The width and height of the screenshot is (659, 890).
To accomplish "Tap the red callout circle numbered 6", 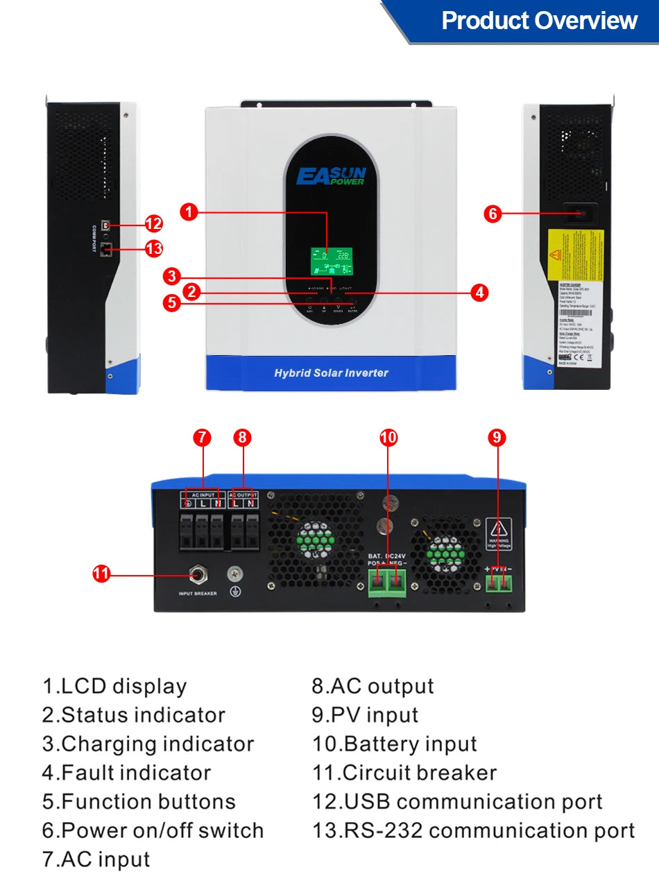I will [x=493, y=214].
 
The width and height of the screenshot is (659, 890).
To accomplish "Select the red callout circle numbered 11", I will [x=102, y=573].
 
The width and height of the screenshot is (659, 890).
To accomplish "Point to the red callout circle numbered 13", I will [x=153, y=248].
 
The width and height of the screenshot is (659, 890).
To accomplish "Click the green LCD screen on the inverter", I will [x=331, y=264].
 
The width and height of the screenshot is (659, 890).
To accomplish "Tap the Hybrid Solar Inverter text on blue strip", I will [x=331, y=373].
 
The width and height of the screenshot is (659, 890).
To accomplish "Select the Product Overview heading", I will [x=539, y=21].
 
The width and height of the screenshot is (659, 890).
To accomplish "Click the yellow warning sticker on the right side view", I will [x=576, y=255].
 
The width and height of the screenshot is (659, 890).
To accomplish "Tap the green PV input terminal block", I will [x=499, y=585].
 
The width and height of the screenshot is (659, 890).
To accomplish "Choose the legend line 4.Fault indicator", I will [x=126, y=773].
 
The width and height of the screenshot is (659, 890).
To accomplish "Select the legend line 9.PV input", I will [x=365, y=715].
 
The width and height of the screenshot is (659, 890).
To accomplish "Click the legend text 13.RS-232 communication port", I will [x=473, y=830].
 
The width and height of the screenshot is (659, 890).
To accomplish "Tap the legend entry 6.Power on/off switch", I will [x=153, y=830].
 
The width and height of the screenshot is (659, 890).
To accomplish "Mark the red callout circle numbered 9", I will [x=497, y=437].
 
